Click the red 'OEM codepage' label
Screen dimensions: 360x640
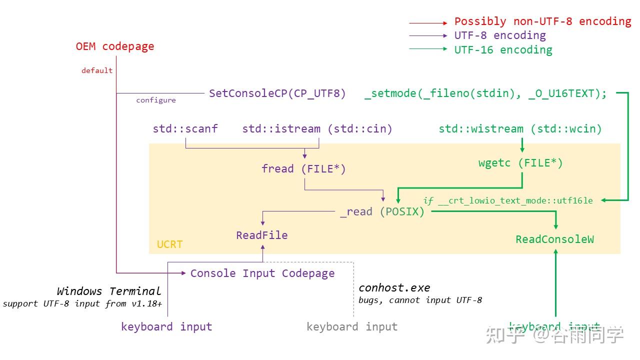pyautogui.click(x=115, y=46)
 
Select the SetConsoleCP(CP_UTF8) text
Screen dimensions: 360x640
pyautogui.click(x=277, y=93)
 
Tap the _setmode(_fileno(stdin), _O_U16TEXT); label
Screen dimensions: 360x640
pyautogui.click(x=485, y=93)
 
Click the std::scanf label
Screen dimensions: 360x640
pyautogui.click(x=185, y=129)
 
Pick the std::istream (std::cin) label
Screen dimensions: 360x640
pyautogui.click(x=317, y=129)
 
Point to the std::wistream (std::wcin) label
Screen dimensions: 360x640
pyautogui.click(x=520, y=129)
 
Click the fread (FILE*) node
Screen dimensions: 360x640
pyautogui.click(x=303, y=169)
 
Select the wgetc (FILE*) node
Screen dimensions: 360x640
pyautogui.click(x=520, y=163)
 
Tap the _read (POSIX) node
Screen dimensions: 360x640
pyautogui.click(x=382, y=212)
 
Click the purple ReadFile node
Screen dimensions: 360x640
pyautogui.click(x=262, y=235)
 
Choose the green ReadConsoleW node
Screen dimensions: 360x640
pyautogui.click(x=555, y=239)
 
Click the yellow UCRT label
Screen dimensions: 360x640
pyautogui.click(x=170, y=244)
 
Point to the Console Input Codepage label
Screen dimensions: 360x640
pyautogui.click(x=262, y=273)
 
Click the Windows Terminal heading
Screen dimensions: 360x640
pyautogui.click(x=109, y=291)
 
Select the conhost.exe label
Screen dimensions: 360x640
pyautogui.click(x=394, y=288)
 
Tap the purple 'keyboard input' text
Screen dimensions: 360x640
pyautogui.click(x=166, y=327)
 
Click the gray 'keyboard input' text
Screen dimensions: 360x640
pyautogui.click(x=352, y=327)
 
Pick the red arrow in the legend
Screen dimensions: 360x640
pyautogui.click(x=428, y=23)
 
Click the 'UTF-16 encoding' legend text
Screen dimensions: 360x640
pyautogui.click(x=503, y=50)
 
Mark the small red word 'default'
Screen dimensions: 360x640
pyautogui.click(x=97, y=71)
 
